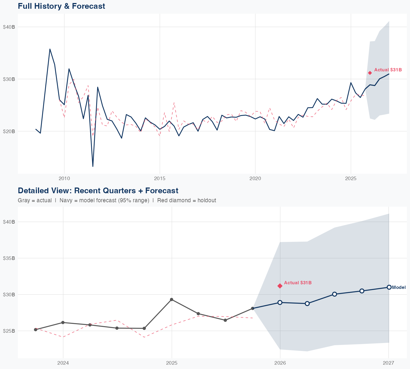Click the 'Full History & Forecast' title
coord(61,6)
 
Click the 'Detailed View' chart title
coord(98,191)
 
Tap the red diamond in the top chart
coord(370,73)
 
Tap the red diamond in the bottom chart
coord(280,286)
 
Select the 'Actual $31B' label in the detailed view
coord(298,283)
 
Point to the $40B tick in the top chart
coord(9,27)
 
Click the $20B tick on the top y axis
coord(9,131)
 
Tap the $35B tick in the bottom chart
coord(9,258)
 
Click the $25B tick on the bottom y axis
coord(9,331)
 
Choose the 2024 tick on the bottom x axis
coord(63,363)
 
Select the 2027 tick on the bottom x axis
coord(388,363)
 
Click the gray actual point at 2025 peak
coord(171,300)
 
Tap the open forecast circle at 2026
coord(280,303)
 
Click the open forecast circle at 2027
coord(389,287)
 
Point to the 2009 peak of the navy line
coord(50,49)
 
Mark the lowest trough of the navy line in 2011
coord(93,166)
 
